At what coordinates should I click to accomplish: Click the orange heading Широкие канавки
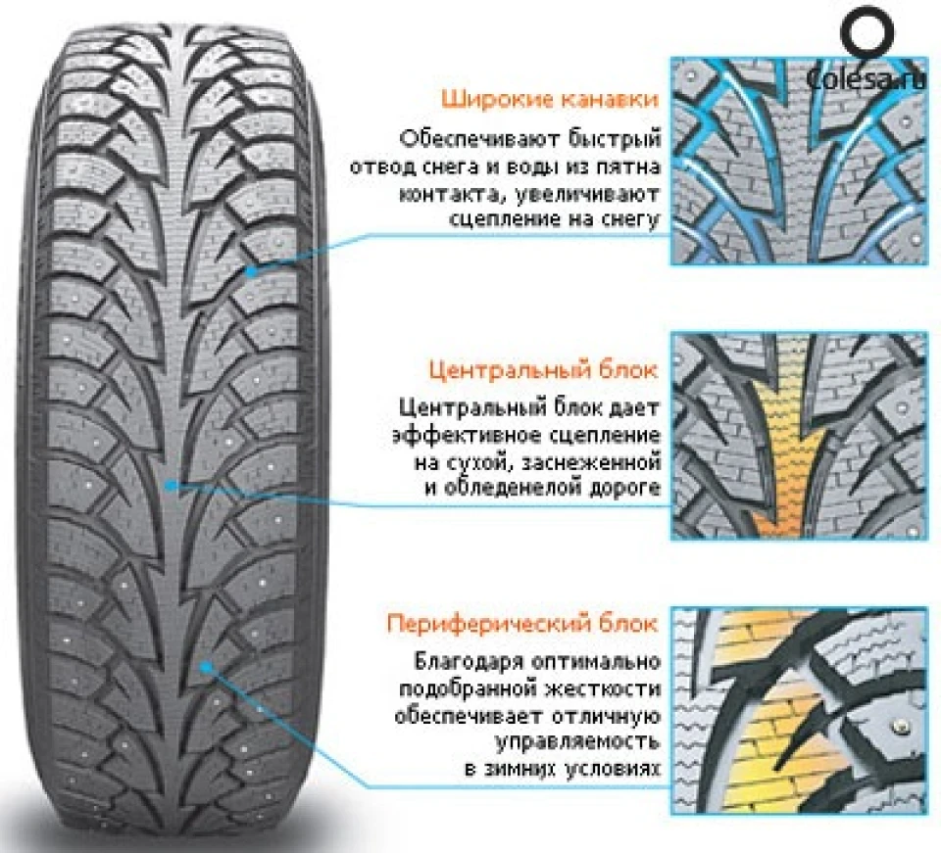(550, 100)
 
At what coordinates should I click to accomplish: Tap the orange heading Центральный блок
(544, 370)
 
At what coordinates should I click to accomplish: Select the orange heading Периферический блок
(522, 624)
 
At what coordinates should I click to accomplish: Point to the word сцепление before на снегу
(502, 219)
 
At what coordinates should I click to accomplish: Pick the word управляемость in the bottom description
(577, 742)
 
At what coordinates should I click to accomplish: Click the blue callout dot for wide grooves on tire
(252, 271)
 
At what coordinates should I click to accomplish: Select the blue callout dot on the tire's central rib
(172, 485)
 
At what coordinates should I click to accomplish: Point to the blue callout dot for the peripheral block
(206, 665)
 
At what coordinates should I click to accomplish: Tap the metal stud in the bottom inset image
(900, 727)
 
